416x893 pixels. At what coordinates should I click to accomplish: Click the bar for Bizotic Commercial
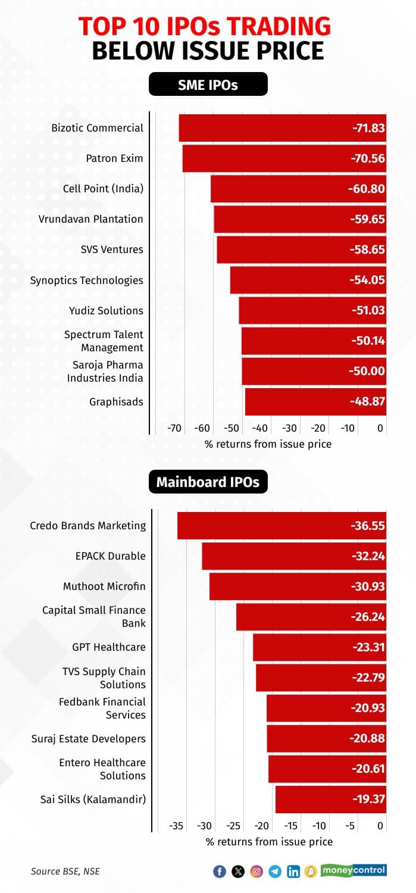pos(282,128)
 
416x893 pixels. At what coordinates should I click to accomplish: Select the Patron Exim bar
pos(284,158)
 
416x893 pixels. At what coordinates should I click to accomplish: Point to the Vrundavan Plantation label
pos(91,219)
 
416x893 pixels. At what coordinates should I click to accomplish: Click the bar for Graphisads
pos(315,402)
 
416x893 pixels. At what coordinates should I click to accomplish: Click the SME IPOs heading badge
pos(208,85)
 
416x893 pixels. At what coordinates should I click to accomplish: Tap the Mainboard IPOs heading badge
pos(208,482)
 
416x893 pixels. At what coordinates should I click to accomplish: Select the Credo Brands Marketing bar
pos(281,526)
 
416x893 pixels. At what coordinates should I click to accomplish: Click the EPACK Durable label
pos(110,556)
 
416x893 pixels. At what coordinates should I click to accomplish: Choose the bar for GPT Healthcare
pos(320,647)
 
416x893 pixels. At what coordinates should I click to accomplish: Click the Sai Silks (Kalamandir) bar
pos(330,799)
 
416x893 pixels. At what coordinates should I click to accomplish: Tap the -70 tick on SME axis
pos(174,428)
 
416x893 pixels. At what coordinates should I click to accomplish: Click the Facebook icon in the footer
pos(220,872)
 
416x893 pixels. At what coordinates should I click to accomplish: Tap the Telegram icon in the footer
pos(274,872)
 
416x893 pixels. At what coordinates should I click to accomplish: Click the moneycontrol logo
pos(354,870)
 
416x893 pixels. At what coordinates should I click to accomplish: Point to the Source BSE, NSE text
pos(65,872)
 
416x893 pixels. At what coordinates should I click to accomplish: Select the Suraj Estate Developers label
pos(89,739)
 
